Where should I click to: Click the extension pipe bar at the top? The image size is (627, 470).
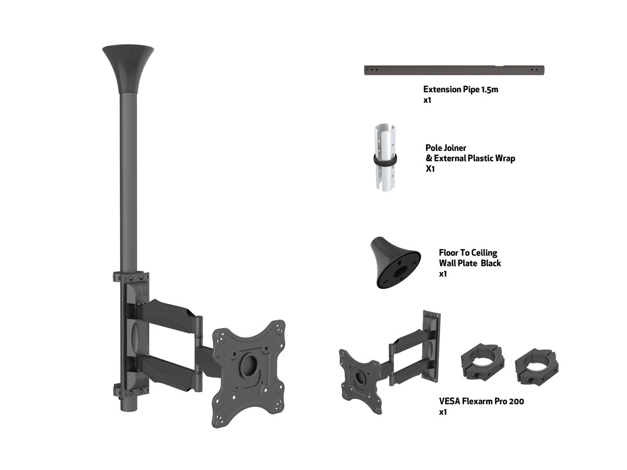(454, 70)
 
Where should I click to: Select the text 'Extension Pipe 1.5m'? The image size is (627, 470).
(460, 89)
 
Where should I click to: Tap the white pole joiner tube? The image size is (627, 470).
(385, 157)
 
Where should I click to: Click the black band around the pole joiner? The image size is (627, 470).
(385, 158)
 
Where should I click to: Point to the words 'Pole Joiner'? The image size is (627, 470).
(445, 148)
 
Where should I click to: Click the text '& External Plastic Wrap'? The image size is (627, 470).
(470, 158)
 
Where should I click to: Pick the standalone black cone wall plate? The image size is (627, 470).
(395, 263)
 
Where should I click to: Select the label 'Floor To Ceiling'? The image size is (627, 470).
(468, 253)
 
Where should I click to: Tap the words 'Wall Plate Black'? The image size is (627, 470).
(470, 263)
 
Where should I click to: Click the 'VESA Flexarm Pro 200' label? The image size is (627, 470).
(481, 402)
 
